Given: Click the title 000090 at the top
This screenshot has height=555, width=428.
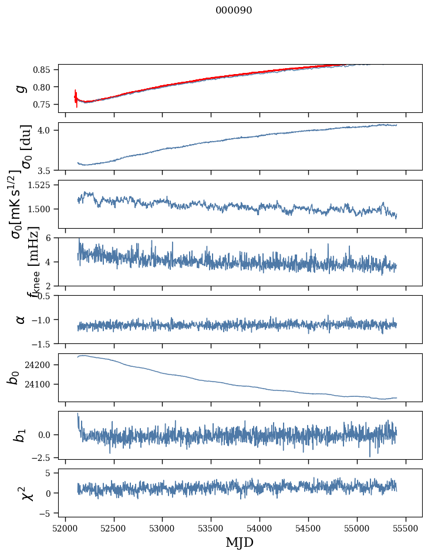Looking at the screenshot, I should click(234, 10).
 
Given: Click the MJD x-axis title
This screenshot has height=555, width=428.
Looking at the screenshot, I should click(240, 542).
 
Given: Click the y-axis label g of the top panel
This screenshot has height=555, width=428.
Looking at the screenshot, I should click(21, 88).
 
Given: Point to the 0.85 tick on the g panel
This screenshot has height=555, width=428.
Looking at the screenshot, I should click(42, 70).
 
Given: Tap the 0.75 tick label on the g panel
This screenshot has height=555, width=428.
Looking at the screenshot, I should click(42, 104).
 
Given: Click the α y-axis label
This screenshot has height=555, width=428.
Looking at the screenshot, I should click(21, 319).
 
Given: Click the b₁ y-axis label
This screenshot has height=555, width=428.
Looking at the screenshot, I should click(20, 435).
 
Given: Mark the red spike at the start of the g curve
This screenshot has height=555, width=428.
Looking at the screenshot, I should click(76, 98).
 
